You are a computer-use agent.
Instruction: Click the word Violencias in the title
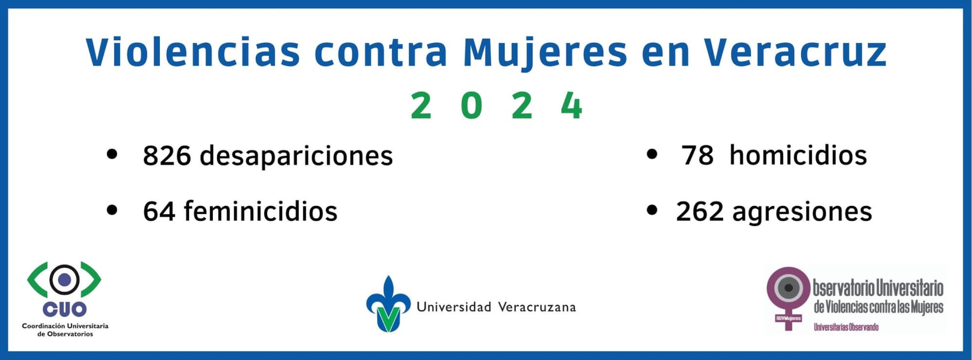[x=193, y=51]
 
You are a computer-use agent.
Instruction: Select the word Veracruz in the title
[x=796, y=51]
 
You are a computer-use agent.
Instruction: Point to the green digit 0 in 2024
[x=471, y=105]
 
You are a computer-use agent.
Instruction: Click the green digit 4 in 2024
[x=572, y=105]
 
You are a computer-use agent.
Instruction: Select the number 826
[x=167, y=155]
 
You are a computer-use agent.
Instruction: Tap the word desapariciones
[x=296, y=155]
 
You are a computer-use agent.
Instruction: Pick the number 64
[x=159, y=212]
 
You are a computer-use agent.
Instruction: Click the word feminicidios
[x=260, y=211]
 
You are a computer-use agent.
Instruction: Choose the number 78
[x=697, y=155]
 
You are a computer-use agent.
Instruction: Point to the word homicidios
[x=798, y=155]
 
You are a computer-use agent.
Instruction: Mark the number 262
[x=700, y=212]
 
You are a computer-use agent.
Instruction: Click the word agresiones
[x=802, y=213]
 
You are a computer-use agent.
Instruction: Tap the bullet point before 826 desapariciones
[x=112, y=154]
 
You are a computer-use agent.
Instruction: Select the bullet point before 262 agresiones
[x=652, y=210]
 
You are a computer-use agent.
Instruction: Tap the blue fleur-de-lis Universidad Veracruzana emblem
[x=388, y=304]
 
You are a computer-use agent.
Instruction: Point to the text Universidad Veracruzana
[x=496, y=307]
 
